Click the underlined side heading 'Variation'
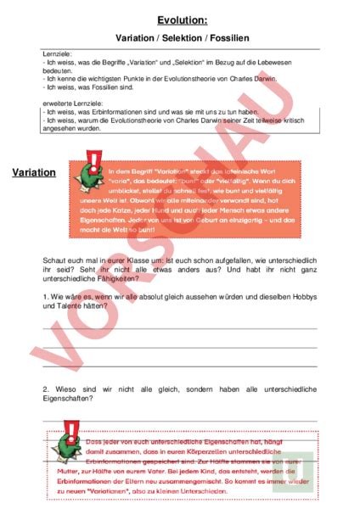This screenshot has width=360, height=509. [x=35, y=173]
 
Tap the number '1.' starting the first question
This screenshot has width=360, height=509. [x=46, y=294]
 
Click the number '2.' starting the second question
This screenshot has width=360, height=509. [x=46, y=388]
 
